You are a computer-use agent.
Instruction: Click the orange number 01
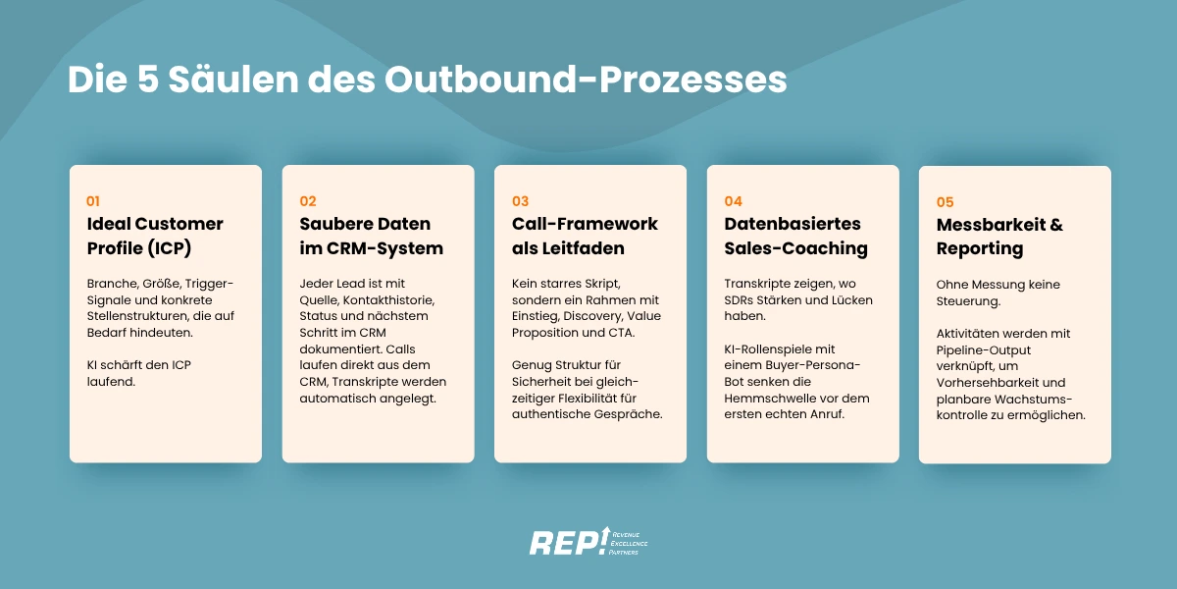(94, 200)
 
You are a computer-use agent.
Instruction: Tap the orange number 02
(308, 200)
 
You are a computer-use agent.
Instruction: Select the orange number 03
(520, 200)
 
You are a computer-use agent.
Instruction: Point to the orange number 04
(734, 200)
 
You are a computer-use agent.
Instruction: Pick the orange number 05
(946, 202)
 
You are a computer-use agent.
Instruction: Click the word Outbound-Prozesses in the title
(586, 80)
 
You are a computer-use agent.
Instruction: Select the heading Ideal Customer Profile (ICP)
(155, 236)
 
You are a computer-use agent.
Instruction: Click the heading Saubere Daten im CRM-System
(371, 236)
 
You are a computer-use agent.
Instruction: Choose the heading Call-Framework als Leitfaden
(585, 236)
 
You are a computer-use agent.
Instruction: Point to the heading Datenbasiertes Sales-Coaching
(795, 236)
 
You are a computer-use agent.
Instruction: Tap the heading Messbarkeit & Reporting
(998, 237)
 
